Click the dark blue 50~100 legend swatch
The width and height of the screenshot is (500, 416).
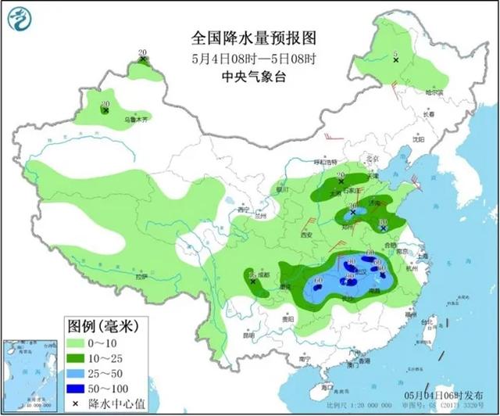(x=77, y=382)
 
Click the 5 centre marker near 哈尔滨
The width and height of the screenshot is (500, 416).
(x=396, y=60)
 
